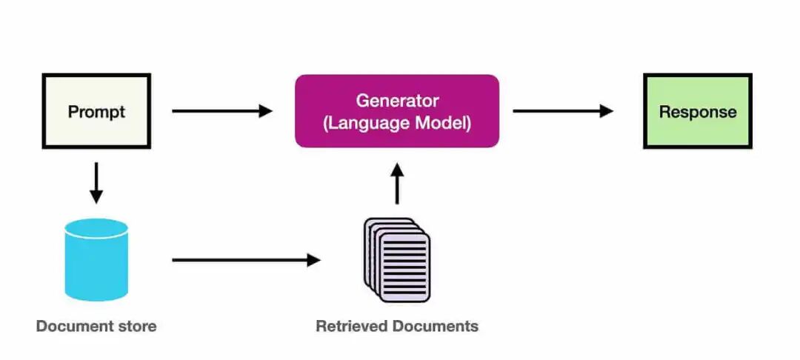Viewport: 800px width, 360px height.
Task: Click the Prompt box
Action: point(96,111)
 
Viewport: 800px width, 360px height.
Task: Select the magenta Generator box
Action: point(397,111)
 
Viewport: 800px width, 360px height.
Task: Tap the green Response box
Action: point(697,111)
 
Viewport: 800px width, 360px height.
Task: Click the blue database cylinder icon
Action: point(96,259)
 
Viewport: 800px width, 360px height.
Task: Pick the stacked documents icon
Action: point(397,260)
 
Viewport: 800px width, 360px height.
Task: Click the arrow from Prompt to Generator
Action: point(222,111)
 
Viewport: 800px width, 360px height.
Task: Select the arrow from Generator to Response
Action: point(563,111)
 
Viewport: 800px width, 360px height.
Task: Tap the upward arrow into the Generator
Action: point(397,184)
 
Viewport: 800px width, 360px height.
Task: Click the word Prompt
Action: point(96,112)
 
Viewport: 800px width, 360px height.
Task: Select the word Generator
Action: point(397,100)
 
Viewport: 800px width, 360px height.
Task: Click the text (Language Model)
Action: point(397,122)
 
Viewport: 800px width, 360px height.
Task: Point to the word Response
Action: point(698,112)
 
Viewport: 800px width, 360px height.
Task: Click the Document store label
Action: point(96,326)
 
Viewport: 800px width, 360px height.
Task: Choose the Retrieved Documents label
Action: point(397,326)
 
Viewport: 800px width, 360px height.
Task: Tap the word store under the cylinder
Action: point(139,326)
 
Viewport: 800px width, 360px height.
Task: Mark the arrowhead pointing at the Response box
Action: point(607,111)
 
